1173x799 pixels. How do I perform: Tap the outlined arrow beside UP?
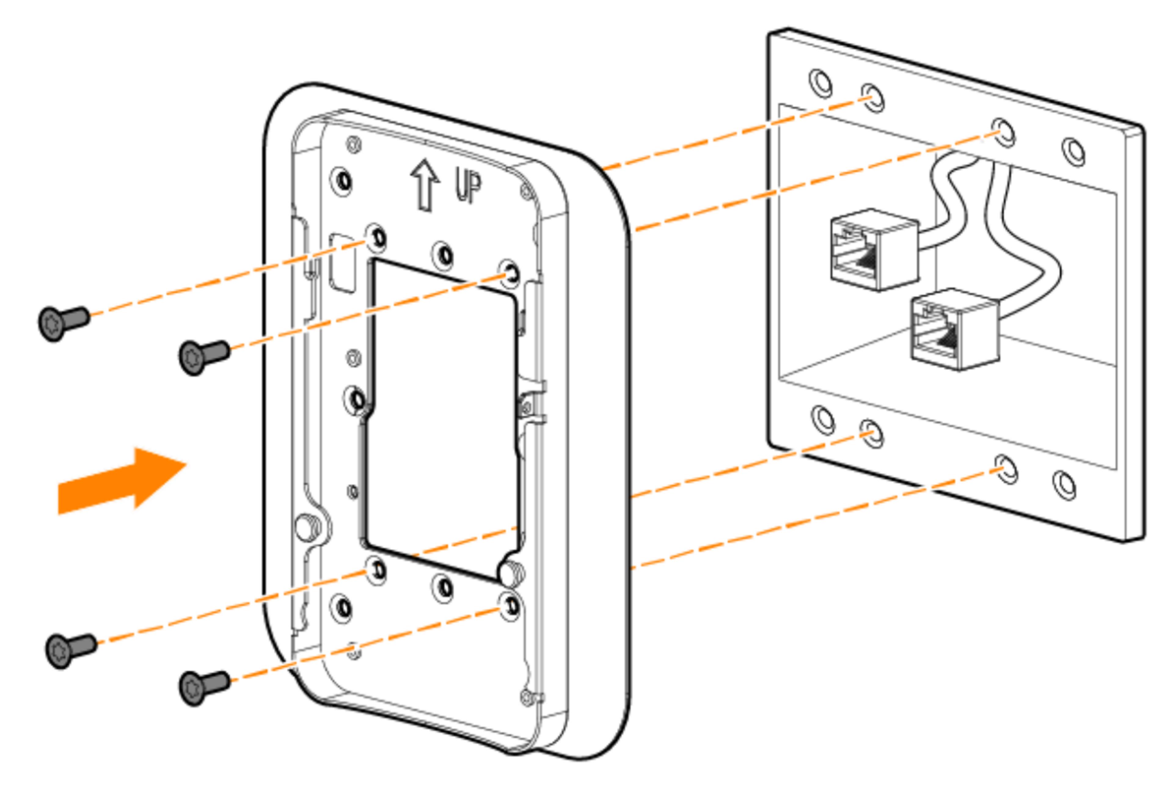pyautogui.click(x=425, y=185)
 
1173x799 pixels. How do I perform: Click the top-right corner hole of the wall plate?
pyautogui.click(x=1073, y=151)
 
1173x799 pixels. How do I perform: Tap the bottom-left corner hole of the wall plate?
pyautogui.click(x=823, y=419)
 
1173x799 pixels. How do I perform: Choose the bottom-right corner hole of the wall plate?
pyautogui.click(x=1064, y=485)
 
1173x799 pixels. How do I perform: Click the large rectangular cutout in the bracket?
pyautogui.click(x=442, y=419)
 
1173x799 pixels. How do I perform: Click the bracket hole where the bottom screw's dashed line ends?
pyautogui.click(x=510, y=606)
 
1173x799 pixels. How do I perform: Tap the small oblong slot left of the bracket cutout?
pyautogui.click(x=342, y=262)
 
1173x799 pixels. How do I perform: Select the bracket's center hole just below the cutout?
pyautogui.click(x=444, y=587)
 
